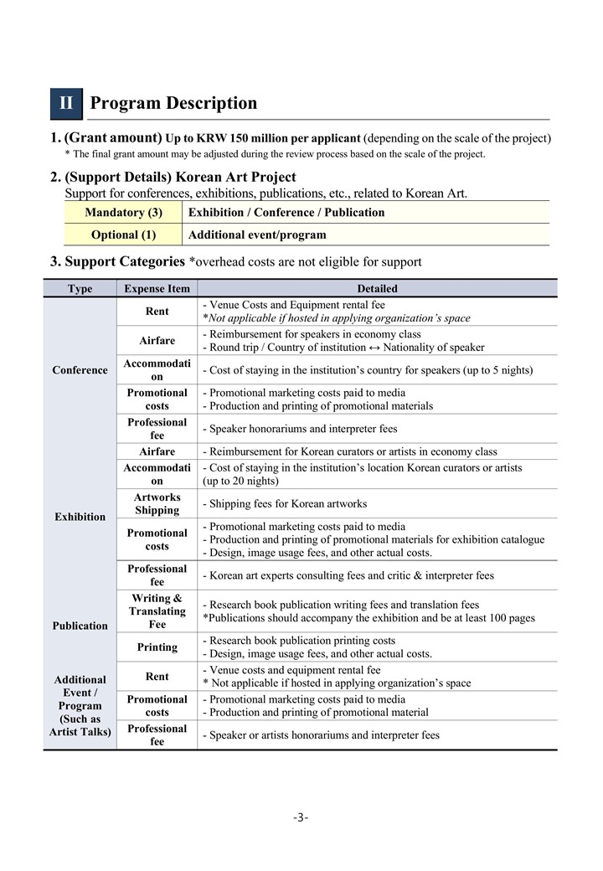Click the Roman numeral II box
pyautogui.click(x=66, y=104)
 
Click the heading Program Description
pyautogui.click(x=173, y=104)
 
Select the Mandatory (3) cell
pyautogui.click(x=123, y=213)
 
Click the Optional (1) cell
pyautogui.click(x=123, y=235)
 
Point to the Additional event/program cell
pyautogui.click(x=257, y=235)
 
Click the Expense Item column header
pyautogui.click(x=157, y=289)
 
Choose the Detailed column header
pyautogui.click(x=377, y=289)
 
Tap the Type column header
pyautogui.click(x=80, y=289)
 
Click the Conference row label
pyautogui.click(x=80, y=370)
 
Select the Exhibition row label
pyautogui.click(x=80, y=517)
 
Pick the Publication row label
pyautogui.click(x=80, y=626)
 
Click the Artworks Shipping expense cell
pyautogui.click(x=157, y=504)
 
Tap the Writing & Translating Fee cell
pyautogui.click(x=157, y=611)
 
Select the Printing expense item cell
pyautogui.click(x=157, y=647)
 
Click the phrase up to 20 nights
pyautogui.click(x=240, y=482)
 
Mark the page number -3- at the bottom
pyautogui.click(x=301, y=817)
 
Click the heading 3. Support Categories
pyautogui.click(x=117, y=262)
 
